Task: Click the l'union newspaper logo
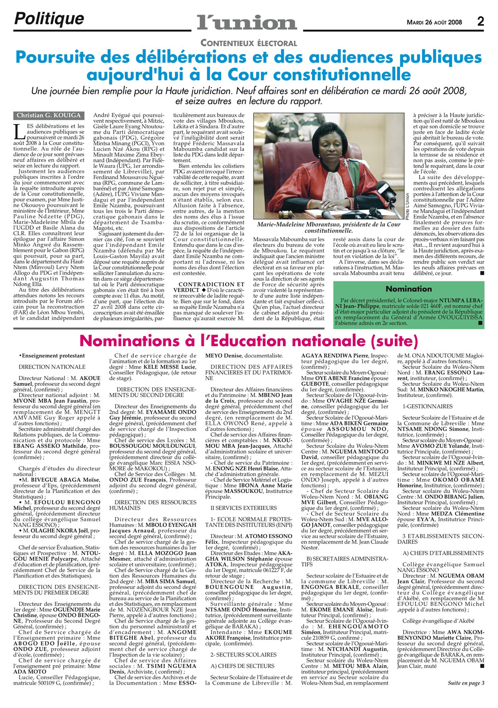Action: [x=247, y=22]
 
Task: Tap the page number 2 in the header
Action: [x=481, y=22]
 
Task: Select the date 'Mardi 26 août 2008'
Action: [x=434, y=22]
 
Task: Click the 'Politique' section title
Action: [x=49, y=19]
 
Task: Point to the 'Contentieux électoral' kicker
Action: [x=248, y=43]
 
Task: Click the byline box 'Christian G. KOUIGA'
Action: [x=49, y=115]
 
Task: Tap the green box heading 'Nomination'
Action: [x=409, y=289]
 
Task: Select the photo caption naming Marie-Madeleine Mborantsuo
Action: [x=328, y=227]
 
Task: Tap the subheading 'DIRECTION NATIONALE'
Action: [x=52, y=367]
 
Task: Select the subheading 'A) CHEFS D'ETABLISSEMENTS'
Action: [x=436, y=553]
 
